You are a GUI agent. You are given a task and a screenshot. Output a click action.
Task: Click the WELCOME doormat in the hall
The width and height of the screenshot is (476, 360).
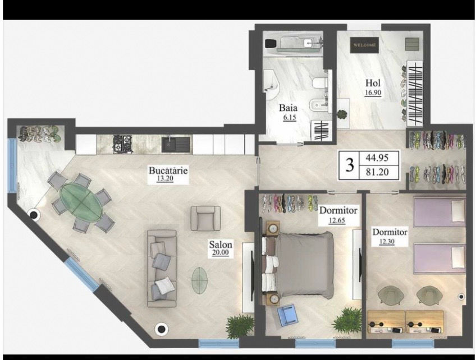coord(364,45)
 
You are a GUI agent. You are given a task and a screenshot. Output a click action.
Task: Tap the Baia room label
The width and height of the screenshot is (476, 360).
coord(288,108)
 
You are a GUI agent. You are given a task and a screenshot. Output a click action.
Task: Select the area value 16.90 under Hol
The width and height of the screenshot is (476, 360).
coord(373,93)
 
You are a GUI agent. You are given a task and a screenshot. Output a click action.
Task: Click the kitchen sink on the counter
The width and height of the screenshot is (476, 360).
coord(176,144)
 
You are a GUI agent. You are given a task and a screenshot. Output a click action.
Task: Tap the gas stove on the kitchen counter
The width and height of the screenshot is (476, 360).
coord(122,144)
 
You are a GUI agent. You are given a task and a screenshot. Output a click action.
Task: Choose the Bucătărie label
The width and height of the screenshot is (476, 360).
coord(168,170)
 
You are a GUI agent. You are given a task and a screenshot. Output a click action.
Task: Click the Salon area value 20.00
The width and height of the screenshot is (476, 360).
coord(221,253)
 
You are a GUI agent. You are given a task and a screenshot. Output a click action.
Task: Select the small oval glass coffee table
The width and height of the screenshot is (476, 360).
coord(199,280)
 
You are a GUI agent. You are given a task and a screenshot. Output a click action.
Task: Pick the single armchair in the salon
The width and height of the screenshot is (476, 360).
coord(205,218)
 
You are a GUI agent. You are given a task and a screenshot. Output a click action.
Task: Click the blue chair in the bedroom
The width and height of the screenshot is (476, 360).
coord(287,315)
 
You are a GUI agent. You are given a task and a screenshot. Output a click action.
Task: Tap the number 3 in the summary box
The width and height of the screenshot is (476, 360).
coord(350,165)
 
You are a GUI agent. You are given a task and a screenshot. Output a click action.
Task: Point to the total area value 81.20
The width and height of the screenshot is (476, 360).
coord(377,172)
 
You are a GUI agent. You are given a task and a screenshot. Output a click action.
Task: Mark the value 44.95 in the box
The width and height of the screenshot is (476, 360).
coord(377,158)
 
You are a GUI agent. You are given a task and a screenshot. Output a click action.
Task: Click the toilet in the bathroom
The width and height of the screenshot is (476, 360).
coord(319,84)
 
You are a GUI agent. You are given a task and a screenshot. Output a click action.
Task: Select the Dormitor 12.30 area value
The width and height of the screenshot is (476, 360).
coord(387,242)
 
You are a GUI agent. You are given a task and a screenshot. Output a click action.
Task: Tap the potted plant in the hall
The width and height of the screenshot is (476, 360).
coord(342,114)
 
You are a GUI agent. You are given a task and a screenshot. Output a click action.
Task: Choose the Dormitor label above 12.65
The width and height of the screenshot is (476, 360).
coord(338,210)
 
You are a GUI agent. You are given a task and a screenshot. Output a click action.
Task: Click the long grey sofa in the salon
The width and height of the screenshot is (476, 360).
coord(162,269)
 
